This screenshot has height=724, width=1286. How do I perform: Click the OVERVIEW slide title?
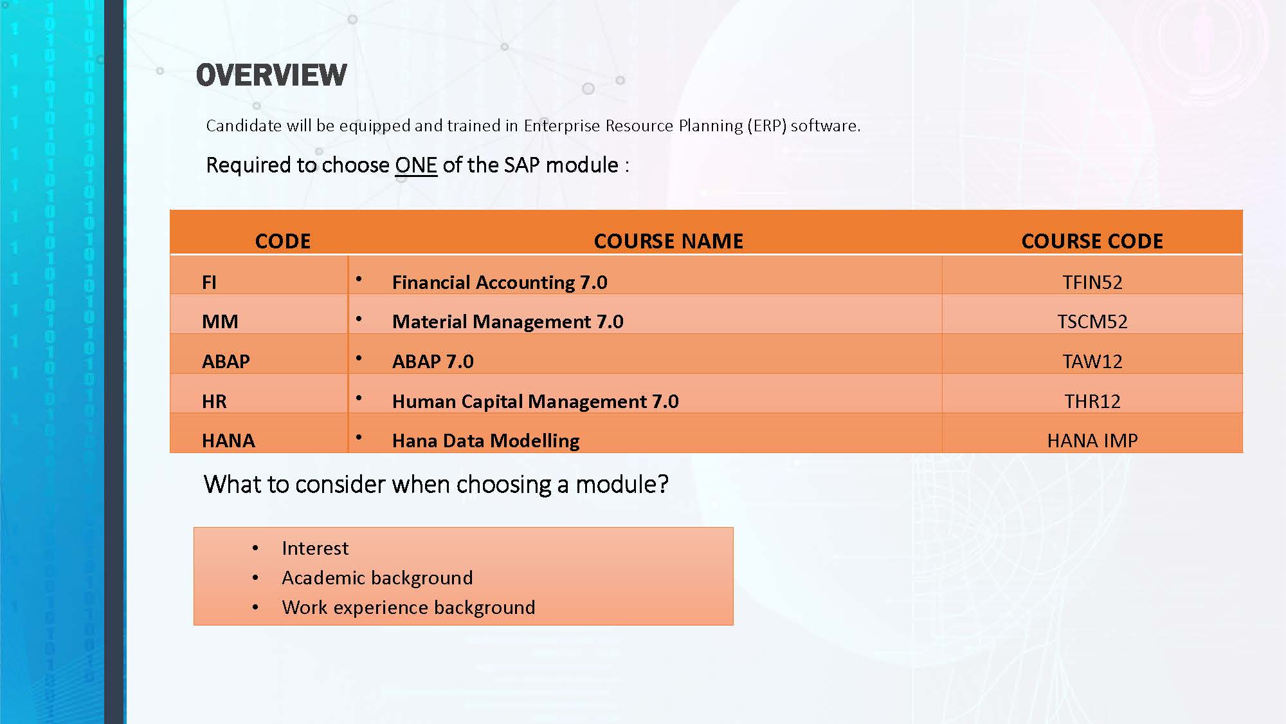coord(271,75)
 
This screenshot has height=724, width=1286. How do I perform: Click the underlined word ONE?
coord(416,165)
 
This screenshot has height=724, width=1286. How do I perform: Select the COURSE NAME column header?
coord(669,241)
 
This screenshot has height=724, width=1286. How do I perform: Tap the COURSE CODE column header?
coord(1092,241)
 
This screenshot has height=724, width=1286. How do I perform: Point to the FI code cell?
coord(209,283)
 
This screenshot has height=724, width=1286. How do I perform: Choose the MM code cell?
coord(220,322)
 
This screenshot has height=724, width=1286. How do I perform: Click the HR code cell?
coord(214,402)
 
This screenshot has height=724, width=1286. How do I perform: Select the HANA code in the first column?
coord(228,441)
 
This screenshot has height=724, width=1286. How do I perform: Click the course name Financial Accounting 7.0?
coord(500,283)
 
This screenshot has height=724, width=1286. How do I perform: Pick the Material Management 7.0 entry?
coord(508,322)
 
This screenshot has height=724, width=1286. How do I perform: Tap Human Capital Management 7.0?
coord(536,402)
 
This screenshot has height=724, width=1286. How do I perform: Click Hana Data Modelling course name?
coord(486,441)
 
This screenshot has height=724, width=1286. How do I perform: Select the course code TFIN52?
coord(1092,283)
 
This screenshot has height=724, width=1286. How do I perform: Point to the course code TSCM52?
coord(1092,322)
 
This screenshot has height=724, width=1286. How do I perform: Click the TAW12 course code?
coord(1092,362)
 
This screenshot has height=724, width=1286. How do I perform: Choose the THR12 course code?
coord(1092,402)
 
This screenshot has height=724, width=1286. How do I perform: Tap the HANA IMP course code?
coord(1092,441)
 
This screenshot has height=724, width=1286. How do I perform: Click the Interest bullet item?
coord(315,548)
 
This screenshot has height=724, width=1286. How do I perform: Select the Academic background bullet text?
coord(377,578)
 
